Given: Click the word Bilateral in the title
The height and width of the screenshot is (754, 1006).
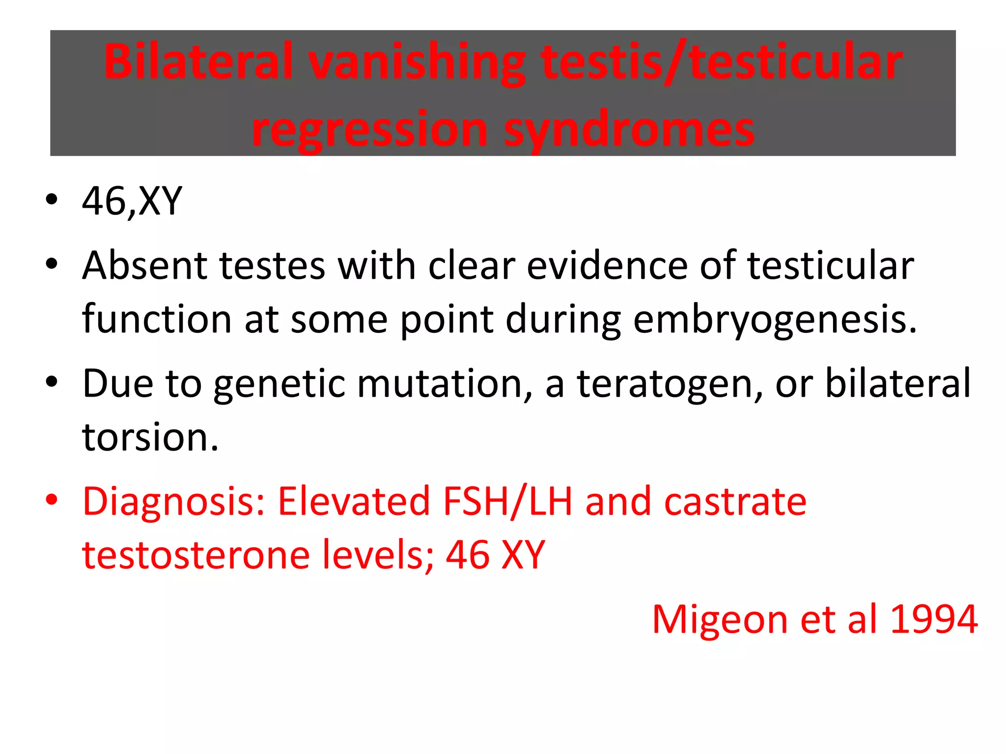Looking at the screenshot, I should (x=199, y=62).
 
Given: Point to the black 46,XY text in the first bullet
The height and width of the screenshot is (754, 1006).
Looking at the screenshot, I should (x=132, y=201).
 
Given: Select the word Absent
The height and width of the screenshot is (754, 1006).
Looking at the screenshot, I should (x=144, y=266).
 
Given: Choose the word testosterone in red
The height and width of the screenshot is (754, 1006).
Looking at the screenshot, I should (x=196, y=555).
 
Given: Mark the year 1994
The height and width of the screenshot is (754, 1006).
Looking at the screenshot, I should (x=933, y=619).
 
